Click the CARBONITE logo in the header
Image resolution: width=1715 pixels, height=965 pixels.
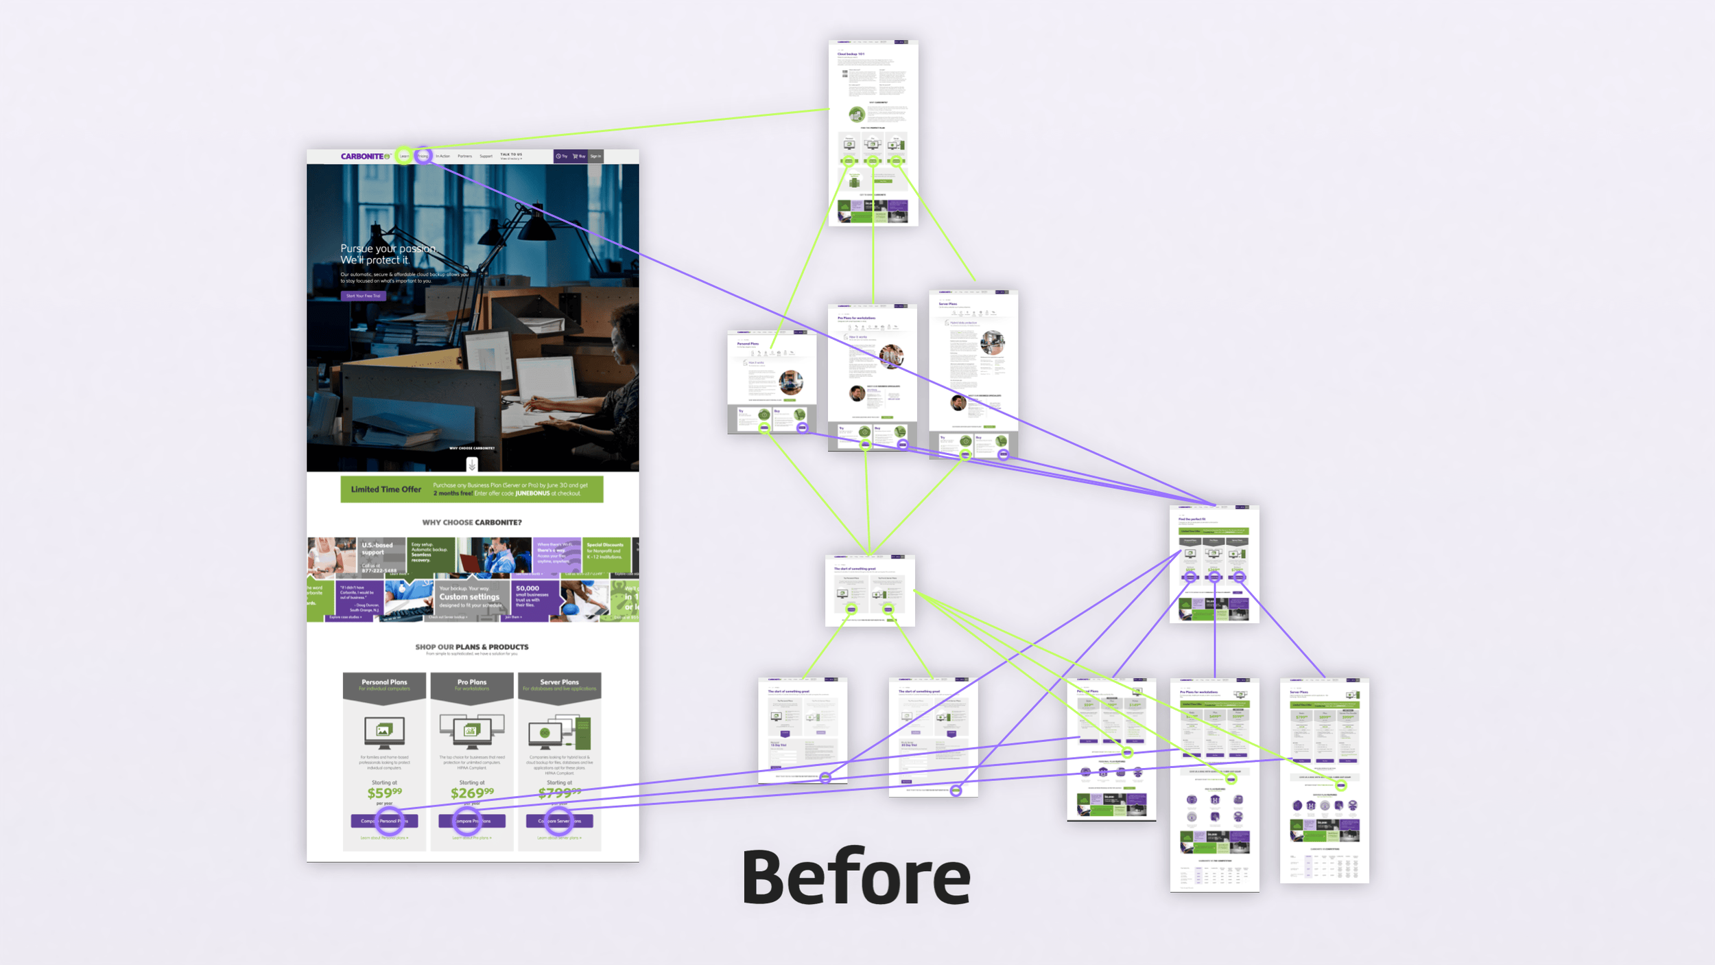pyautogui.click(x=364, y=156)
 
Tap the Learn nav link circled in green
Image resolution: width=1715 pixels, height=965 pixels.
pyautogui.click(x=405, y=156)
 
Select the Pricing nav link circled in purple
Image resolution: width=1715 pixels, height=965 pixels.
pyautogui.click(x=423, y=156)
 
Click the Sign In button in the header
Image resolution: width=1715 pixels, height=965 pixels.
pyautogui.click(x=595, y=156)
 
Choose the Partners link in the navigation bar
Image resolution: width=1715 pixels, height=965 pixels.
pyautogui.click(x=464, y=156)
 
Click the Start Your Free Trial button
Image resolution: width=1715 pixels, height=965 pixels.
pyautogui.click(x=363, y=296)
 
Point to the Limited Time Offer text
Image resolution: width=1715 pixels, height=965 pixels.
pyautogui.click(x=386, y=489)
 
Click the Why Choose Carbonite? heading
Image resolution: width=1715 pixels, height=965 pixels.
pyautogui.click(x=472, y=522)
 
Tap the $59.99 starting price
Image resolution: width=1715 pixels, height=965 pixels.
pyautogui.click(x=384, y=793)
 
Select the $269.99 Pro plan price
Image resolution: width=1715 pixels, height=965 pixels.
pyautogui.click(x=471, y=793)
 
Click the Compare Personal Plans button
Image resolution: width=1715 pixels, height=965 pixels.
pyautogui.click(x=384, y=821)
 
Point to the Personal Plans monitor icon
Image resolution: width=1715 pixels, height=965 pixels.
pyautogui.click(x=384, y=732)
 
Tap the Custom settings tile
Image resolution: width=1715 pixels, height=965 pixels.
pyautogui.click(x=470, y=597)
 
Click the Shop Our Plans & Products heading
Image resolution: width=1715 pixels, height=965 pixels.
pyautogui.click(x=472, y=647)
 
